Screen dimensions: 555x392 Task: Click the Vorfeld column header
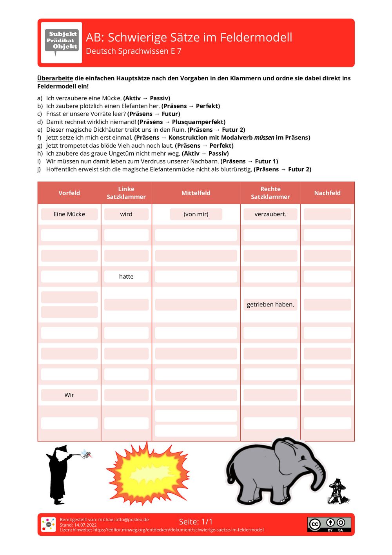(69, 193)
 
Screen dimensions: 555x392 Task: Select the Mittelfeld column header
(196, 193)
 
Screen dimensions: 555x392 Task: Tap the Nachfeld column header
(327, 193)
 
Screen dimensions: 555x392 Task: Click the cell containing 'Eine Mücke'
(69, 214)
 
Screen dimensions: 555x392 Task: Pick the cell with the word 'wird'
(126, 214)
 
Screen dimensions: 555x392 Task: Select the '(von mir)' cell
(196, 214)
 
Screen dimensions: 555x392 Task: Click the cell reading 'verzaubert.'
(270, 214)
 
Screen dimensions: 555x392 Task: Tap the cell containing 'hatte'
(126, 276)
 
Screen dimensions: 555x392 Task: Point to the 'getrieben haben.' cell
(270, 305)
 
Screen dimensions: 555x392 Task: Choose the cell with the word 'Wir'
(69, 395)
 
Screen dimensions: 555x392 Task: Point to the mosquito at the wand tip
(87, 454)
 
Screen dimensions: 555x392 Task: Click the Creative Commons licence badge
(329, 524)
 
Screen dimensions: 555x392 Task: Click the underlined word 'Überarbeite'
(55, 78)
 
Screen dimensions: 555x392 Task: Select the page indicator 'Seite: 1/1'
(196, 522)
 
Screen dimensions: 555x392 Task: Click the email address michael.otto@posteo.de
(123, 520)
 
